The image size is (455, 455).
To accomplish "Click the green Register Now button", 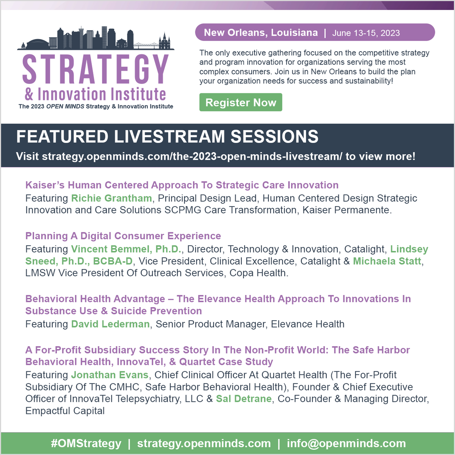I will click(241, 102).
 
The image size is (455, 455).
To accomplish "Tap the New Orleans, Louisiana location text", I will click(261, 33).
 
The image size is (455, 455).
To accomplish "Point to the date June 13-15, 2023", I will click(366, 33).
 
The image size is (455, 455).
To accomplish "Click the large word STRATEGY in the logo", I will click(96, 69).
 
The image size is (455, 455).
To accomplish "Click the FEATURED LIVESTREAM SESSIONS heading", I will click(167, 136).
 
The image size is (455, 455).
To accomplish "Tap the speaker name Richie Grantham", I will click(111, 198).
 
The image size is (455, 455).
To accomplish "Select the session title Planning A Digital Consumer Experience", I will click(123, 236).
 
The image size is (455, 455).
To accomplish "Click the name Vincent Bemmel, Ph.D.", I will click(126, 249).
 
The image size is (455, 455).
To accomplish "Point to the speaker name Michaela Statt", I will click(387, 261).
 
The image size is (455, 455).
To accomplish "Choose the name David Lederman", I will click(110, 324).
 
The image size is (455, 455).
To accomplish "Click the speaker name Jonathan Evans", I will click(110, 375).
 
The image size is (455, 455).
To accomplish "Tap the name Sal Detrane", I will click(244, 399).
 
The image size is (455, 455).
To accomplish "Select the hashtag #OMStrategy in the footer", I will click(86, 443).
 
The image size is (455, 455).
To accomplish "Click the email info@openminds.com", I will click(346, 443).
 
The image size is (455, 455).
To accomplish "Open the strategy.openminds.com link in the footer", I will click(204, 443).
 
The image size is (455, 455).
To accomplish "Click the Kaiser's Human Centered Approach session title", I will click(182, 185).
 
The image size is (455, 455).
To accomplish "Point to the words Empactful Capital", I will click(65, 411).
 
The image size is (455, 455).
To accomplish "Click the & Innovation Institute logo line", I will click(96, 94).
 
